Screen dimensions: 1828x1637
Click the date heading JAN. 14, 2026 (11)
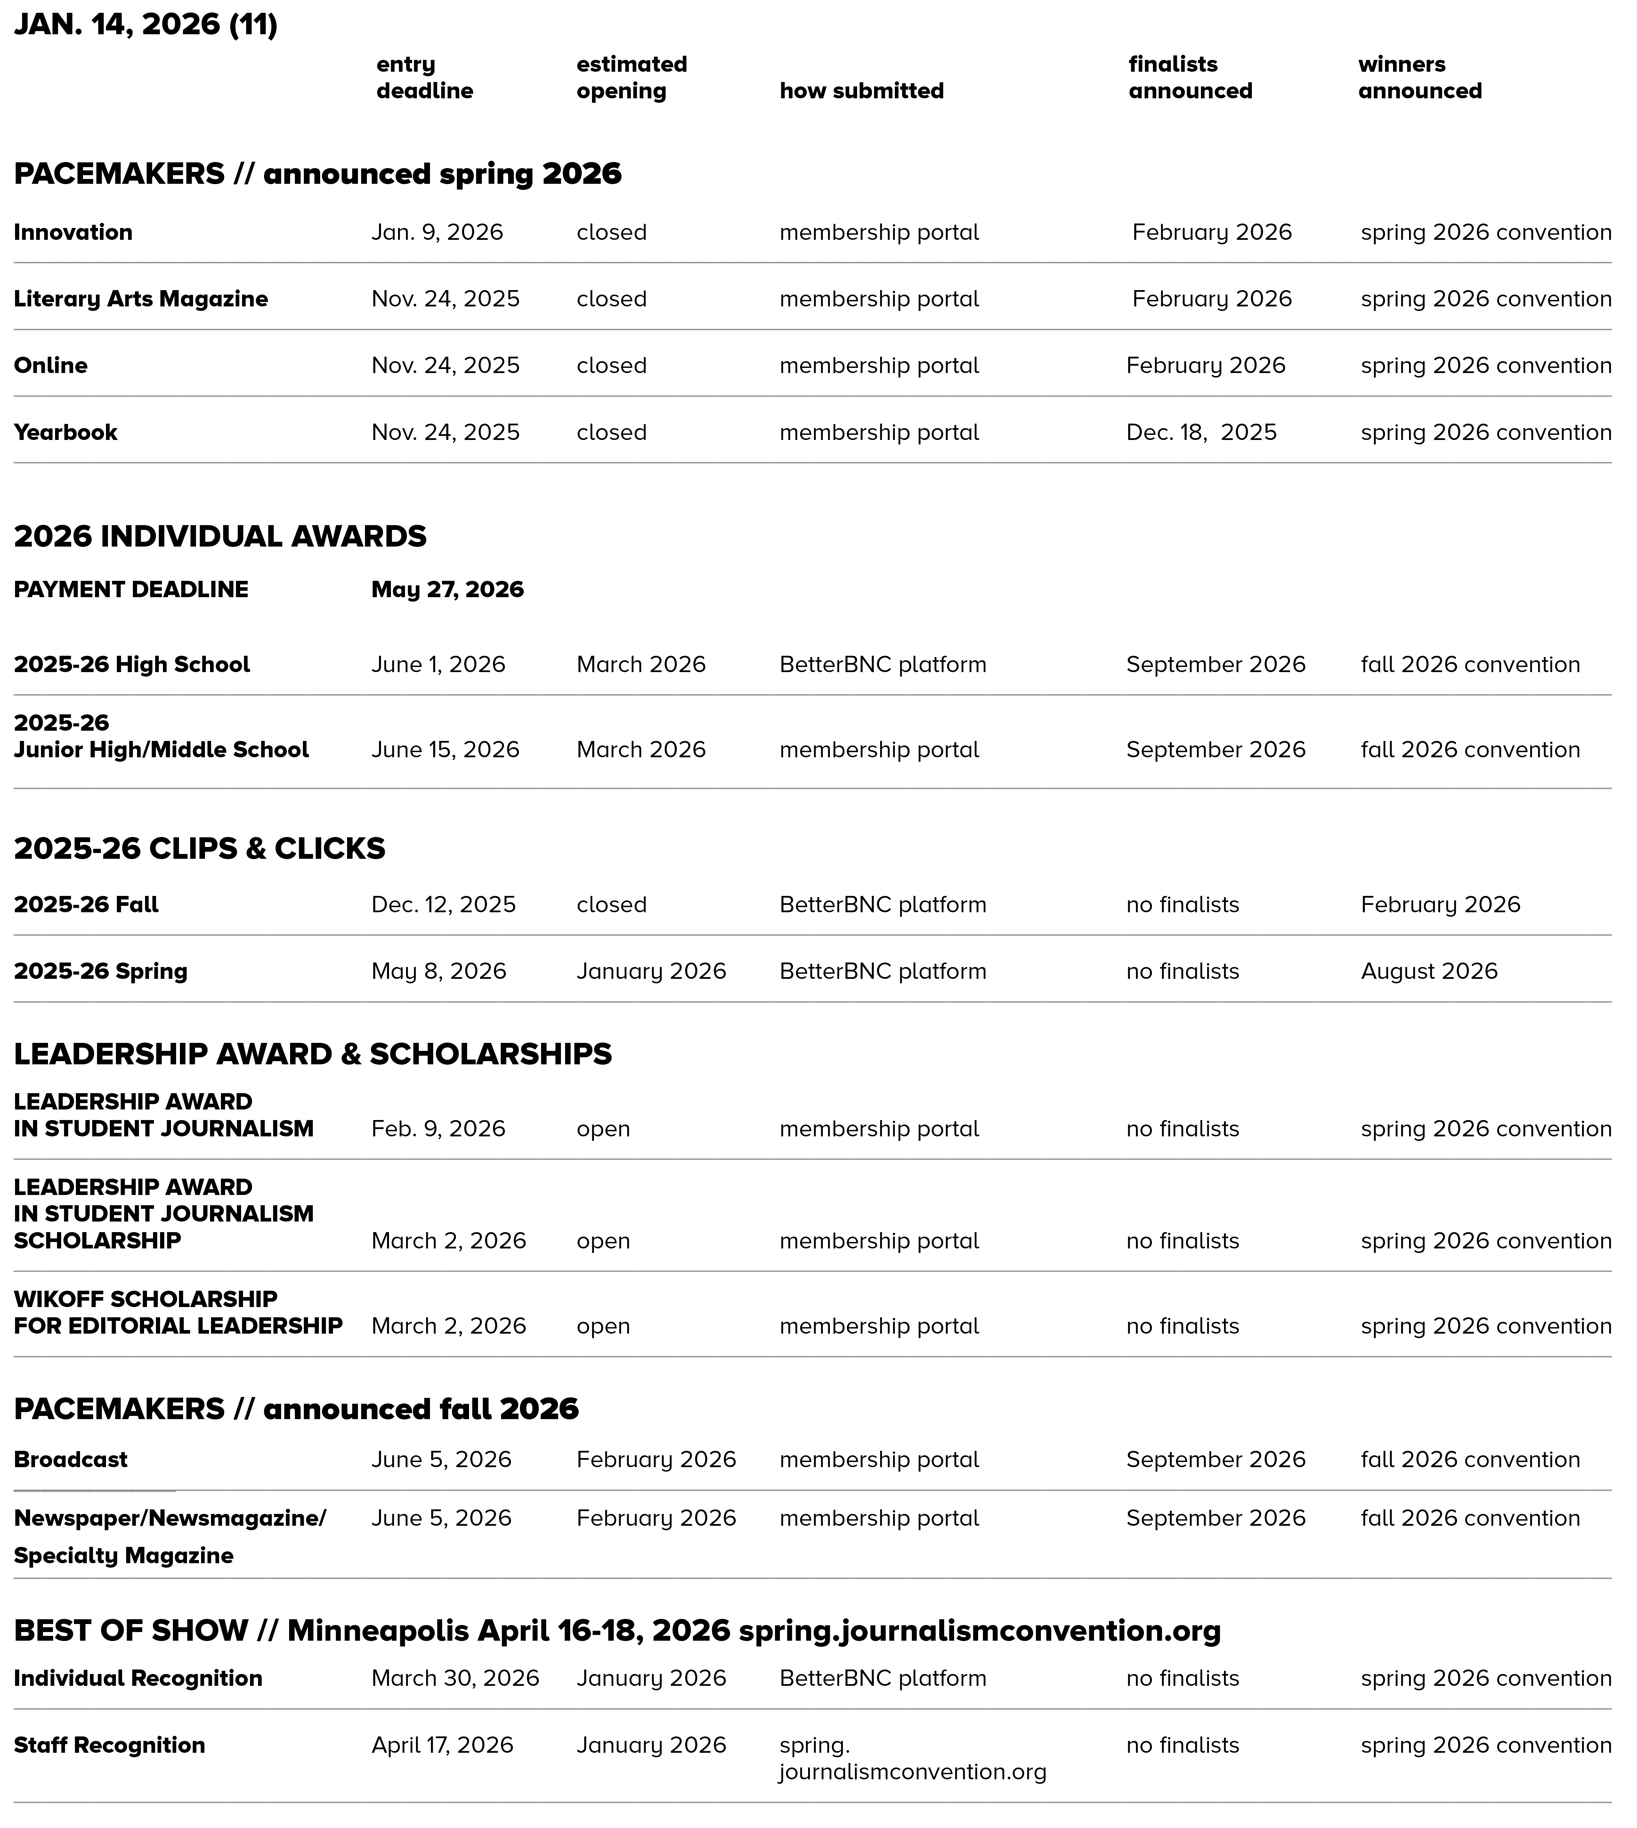click(x=146, y=24)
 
